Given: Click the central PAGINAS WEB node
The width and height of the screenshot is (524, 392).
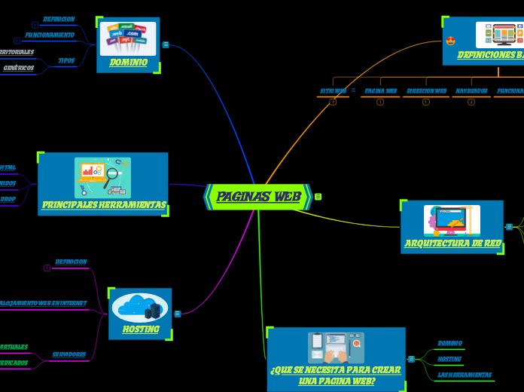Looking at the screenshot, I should click(258, 197).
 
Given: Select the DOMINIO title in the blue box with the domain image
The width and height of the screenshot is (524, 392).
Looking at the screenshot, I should click(128, 63).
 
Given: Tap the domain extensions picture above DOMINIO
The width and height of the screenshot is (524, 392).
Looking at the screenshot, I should click(128, 38).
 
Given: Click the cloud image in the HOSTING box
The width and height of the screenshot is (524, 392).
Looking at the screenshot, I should click(139, 308).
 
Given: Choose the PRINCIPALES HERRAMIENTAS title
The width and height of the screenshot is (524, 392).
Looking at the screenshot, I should click(104, 205).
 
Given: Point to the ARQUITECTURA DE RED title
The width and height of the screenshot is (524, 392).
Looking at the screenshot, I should click(452, 243).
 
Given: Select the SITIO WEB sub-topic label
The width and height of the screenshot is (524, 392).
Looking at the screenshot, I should click(333, 90).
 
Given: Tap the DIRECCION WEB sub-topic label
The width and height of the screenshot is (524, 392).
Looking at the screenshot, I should click(426, 90).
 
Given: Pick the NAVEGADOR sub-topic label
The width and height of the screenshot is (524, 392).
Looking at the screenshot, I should click(471, 90).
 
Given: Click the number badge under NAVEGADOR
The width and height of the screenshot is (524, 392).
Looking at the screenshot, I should click(471, 102).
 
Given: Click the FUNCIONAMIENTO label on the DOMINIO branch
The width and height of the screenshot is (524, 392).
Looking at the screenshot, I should click(50, 35).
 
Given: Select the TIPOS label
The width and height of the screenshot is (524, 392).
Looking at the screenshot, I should click(66, 60).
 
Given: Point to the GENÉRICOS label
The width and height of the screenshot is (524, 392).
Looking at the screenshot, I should click(18, 68).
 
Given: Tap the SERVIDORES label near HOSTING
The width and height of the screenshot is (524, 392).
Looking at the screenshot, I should click(69, 354).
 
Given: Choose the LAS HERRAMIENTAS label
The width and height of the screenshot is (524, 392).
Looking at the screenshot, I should click(465, 375).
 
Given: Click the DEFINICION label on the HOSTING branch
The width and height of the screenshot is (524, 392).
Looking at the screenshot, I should click(71, 262).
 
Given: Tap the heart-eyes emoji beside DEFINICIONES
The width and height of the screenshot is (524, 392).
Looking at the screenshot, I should click(450, 40).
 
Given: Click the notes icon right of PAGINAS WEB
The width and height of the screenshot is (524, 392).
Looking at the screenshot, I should click(318, 197).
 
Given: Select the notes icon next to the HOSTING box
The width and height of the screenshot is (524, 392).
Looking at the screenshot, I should click(178, 314).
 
